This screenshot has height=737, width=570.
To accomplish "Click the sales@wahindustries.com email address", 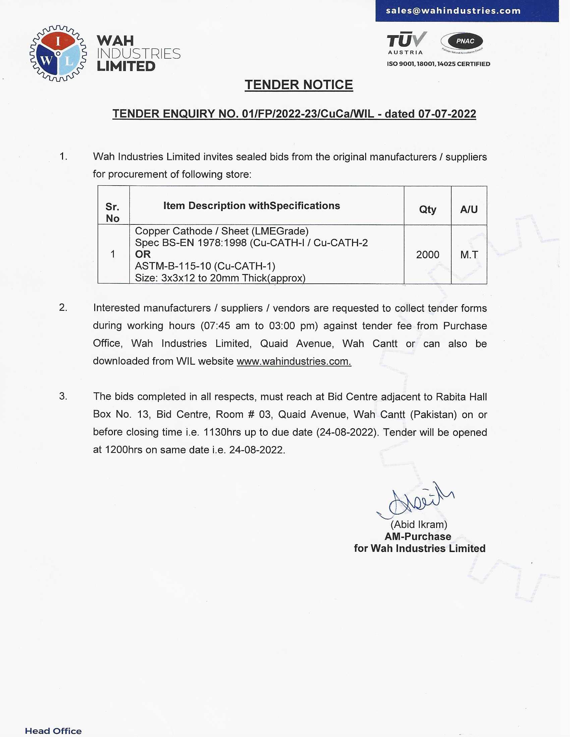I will pyautogui.click(x=453, y=11).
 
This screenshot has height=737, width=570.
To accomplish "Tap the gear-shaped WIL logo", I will pyautogui.click(x=58, y=53).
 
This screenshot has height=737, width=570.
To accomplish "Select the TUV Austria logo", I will pyautogui.click(x=406, y=43).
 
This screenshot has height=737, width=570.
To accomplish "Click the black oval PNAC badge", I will pyautogui.click(x=462, y=42).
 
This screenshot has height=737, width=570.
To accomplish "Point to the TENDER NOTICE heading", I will pyautogui.click(x=298, y=85).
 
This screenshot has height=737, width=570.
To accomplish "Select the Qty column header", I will pyautogui.click(x=427, y=210).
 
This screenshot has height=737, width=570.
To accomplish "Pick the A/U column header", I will pyautogui.click(x=469, y=210).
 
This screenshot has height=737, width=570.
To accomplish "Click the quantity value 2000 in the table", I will pyautogui.click(x=427, y=255).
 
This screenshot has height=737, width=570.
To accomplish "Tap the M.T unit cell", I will pyautogui.click(x=469, y=255).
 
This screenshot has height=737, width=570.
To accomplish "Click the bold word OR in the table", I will pyautogui.click(x=142, y=254).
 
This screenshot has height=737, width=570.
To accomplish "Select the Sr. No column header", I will pyautogui.click(x=112, y=212).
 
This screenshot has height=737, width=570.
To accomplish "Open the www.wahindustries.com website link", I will pyautogui.click(x=294, y=361).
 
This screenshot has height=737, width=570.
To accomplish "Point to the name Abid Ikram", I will pyautogui.click(x=419, y=524).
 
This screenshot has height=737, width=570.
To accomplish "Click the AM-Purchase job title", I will pyautogui.click(x=418, y=537).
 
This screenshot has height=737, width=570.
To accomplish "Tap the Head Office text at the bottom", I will pyautogui.click(x=53, y=731).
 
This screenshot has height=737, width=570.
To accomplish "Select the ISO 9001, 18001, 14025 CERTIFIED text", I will pyautogui.click(x=438, y=64).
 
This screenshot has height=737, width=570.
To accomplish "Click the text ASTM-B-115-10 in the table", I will pyautogui.click(x=173, y=266).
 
